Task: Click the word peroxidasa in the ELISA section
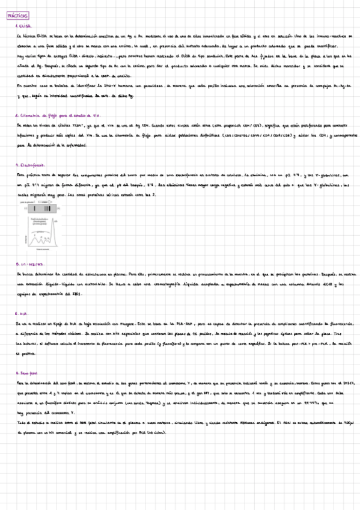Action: click(182, 86)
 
